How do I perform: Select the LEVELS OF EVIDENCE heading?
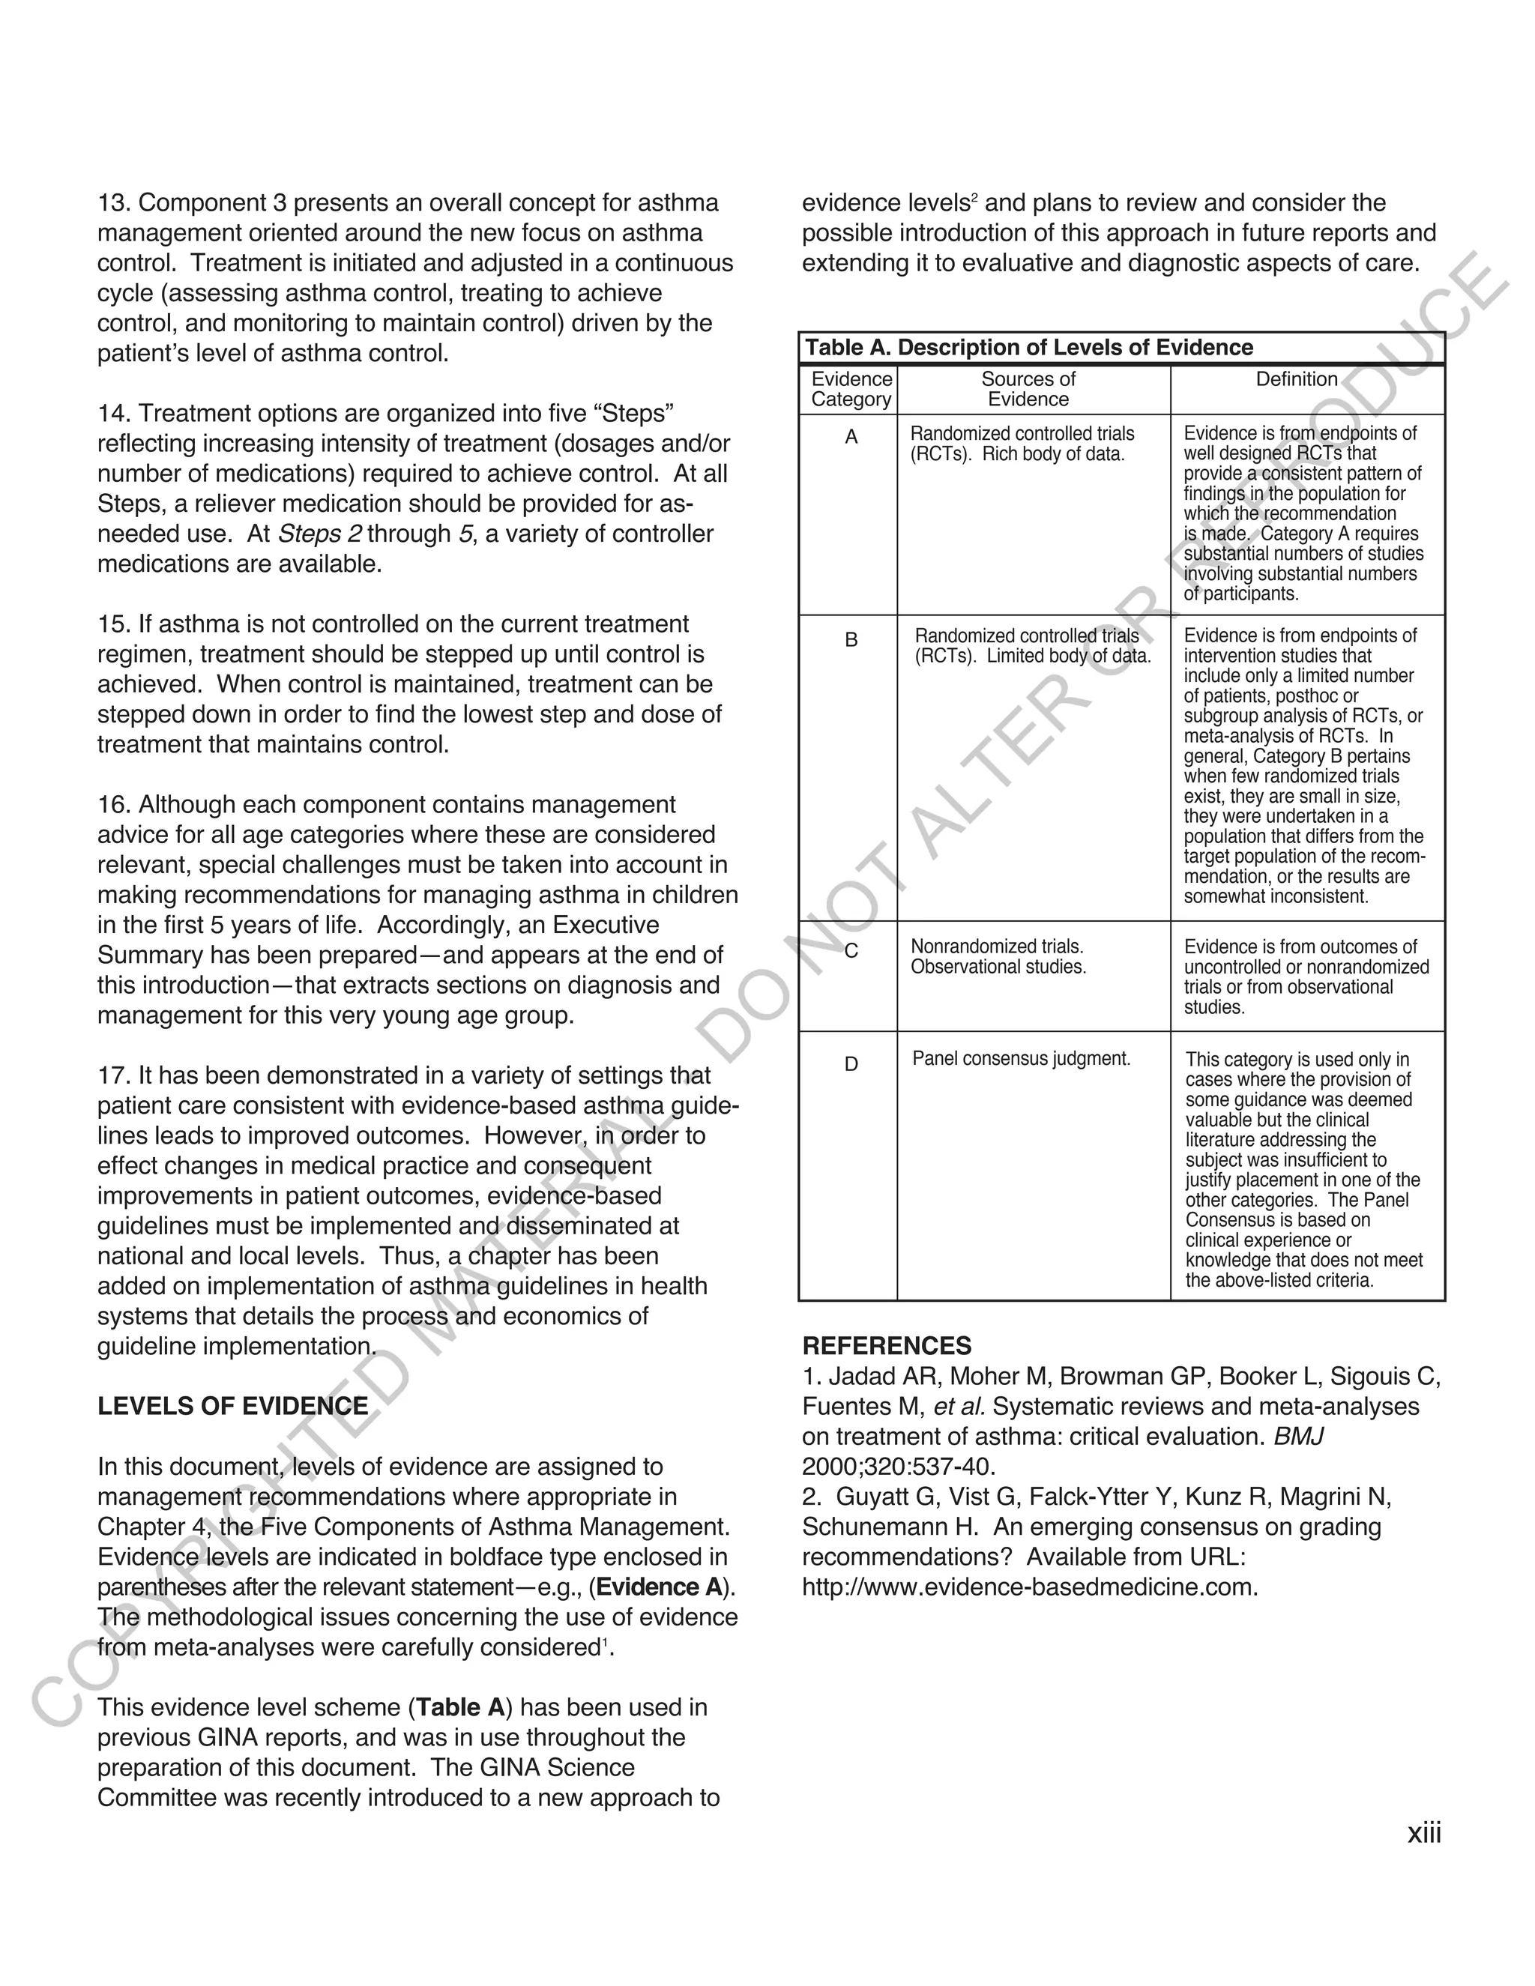233,1407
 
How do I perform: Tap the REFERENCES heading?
887,1346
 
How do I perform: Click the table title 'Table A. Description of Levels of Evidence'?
1028,348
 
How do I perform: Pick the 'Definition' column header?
1296,379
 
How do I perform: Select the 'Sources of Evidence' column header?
1028,389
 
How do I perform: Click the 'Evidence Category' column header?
851,389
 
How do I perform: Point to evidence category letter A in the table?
851,438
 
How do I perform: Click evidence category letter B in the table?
851,640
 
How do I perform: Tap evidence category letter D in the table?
851,1064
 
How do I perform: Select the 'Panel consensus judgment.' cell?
1022,1058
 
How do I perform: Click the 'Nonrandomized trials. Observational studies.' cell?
998,956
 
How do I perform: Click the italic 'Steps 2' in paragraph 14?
319,534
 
